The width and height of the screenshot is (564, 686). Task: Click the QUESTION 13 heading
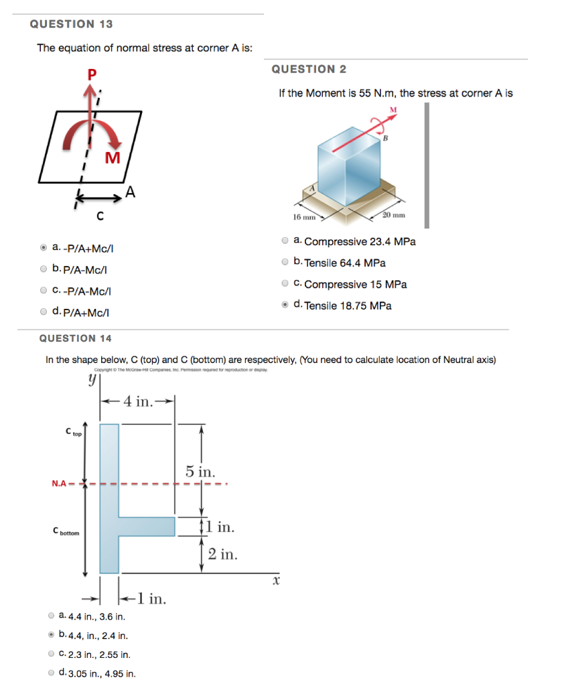[x=72, y=24]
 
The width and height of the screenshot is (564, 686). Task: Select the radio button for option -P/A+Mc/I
[x=44, y=248]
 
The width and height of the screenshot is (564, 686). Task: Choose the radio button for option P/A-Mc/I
[x=44, y=269]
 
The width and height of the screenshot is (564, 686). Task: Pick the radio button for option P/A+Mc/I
[x=44, y=311]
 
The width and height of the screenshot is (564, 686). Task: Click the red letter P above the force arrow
[x=92, y=75]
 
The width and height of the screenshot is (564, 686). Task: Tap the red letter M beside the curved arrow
[x=113, y=158]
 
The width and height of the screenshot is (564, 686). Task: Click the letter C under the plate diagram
[x=99, y=216]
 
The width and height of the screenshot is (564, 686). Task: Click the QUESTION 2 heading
[x=309, y=70]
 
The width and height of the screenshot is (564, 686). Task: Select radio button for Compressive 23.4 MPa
[x=285, y=241]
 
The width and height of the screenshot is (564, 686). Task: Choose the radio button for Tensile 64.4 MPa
[x=285, y=262]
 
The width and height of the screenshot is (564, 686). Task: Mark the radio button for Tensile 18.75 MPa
[x=285, y=305]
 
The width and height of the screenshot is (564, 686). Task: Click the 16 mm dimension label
[x=304, y=217]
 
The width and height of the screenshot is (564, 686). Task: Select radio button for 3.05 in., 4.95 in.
[x=52, y=673]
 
